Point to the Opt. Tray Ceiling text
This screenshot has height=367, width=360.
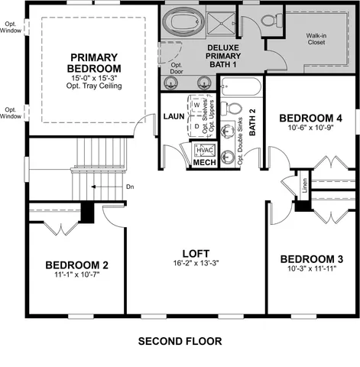(x=92, y=85)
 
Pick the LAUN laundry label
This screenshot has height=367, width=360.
(x=171, y=116)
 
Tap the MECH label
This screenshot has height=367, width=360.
(x=203, y=163)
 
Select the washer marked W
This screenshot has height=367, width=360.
(x=196, y=106)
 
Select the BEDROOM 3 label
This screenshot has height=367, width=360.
(x=306, y=258)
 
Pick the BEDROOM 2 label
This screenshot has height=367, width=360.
(x=76, y=265)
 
